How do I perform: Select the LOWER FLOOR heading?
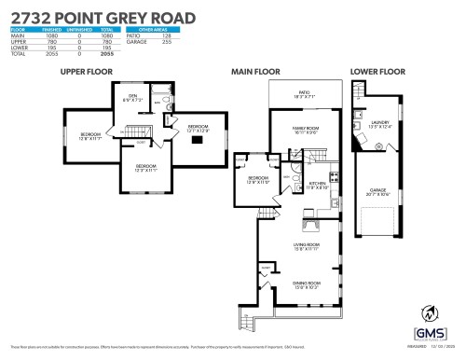[378, 71]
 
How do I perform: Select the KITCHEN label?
[318, 185]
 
